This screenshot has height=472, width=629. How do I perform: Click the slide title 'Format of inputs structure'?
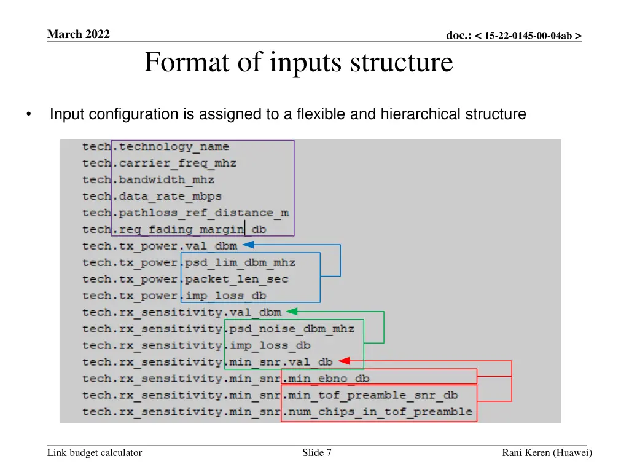pos(298,63)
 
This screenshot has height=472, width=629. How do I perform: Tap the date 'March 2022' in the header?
pos(78,34)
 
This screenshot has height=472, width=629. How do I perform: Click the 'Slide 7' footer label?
pos(317,453)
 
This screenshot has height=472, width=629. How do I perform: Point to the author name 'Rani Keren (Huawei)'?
pos(547,453)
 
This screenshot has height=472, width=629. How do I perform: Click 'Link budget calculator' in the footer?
pos(95,453)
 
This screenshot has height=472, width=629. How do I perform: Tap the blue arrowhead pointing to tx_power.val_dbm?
pos(247,245)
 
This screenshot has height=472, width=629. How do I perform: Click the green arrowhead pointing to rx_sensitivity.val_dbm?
pos(291,312)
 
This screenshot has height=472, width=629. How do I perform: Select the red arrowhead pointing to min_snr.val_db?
pos(343,361)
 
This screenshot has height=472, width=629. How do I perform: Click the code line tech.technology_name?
pos(156,147)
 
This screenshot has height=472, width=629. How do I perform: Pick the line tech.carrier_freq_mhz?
pos(160,163)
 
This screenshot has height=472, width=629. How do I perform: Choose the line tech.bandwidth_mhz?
pos(149,180)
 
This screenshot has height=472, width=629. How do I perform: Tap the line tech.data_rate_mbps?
pos(152,197)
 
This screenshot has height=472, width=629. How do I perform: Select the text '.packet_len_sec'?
pos(235,280)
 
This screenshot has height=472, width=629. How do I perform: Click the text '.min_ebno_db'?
pos(326,379)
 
